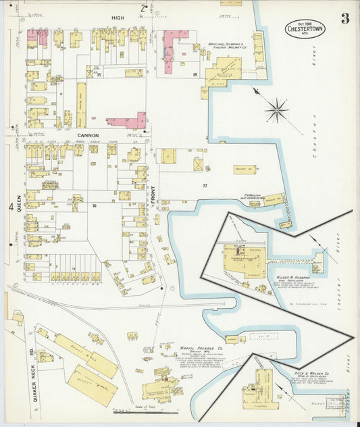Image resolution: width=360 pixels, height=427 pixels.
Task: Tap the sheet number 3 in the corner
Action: click(x=345, y=18)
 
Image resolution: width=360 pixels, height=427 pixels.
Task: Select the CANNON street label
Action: click(x=88, y=135)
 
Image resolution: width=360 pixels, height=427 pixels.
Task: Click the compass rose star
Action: click(x=276, y=109)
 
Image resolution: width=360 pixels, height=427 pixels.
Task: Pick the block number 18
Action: click(x=195, y=74)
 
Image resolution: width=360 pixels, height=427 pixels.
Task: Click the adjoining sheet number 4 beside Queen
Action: click(x=9, y=207)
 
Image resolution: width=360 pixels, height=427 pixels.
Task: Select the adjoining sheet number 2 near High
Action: click(x=143, y=9)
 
